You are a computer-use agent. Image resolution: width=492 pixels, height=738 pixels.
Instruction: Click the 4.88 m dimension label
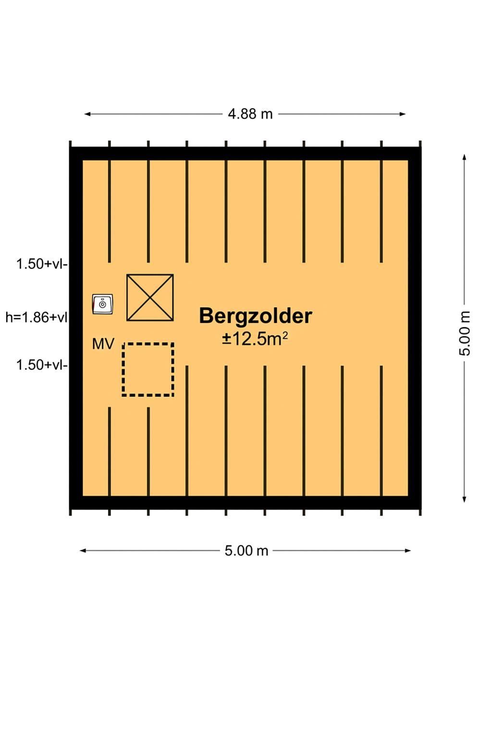(250, 114)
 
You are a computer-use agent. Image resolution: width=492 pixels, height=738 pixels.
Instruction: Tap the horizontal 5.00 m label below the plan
(246, 551)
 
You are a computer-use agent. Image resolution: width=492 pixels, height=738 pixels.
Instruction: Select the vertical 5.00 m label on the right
(464, 333)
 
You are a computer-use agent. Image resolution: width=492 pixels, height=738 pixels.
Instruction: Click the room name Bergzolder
(256, 316)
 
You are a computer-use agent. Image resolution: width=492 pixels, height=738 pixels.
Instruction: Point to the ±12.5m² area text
(255, 339)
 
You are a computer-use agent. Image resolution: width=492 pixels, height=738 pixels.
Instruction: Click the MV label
(103, 344)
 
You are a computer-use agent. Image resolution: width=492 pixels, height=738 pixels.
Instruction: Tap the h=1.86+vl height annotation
(37, 317)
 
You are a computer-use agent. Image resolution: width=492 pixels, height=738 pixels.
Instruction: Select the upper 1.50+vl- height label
(42, 264)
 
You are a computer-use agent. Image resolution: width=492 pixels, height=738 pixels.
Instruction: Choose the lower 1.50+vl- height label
(42, 365)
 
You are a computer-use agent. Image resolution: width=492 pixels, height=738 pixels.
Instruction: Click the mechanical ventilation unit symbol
(102, 304)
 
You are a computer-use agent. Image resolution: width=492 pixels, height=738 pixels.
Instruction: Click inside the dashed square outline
(148, 369)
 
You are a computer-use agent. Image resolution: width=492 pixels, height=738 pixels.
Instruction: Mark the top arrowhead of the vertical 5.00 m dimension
(464, 157)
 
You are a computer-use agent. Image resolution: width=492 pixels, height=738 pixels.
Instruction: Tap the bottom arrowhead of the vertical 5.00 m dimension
(464, 499)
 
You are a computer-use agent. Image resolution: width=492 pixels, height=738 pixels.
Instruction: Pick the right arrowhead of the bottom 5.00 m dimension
(407, 551)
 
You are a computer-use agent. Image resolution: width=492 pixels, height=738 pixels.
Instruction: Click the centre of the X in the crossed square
(150, 297)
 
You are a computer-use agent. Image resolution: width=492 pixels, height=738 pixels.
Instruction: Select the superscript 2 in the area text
(285, 335)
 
